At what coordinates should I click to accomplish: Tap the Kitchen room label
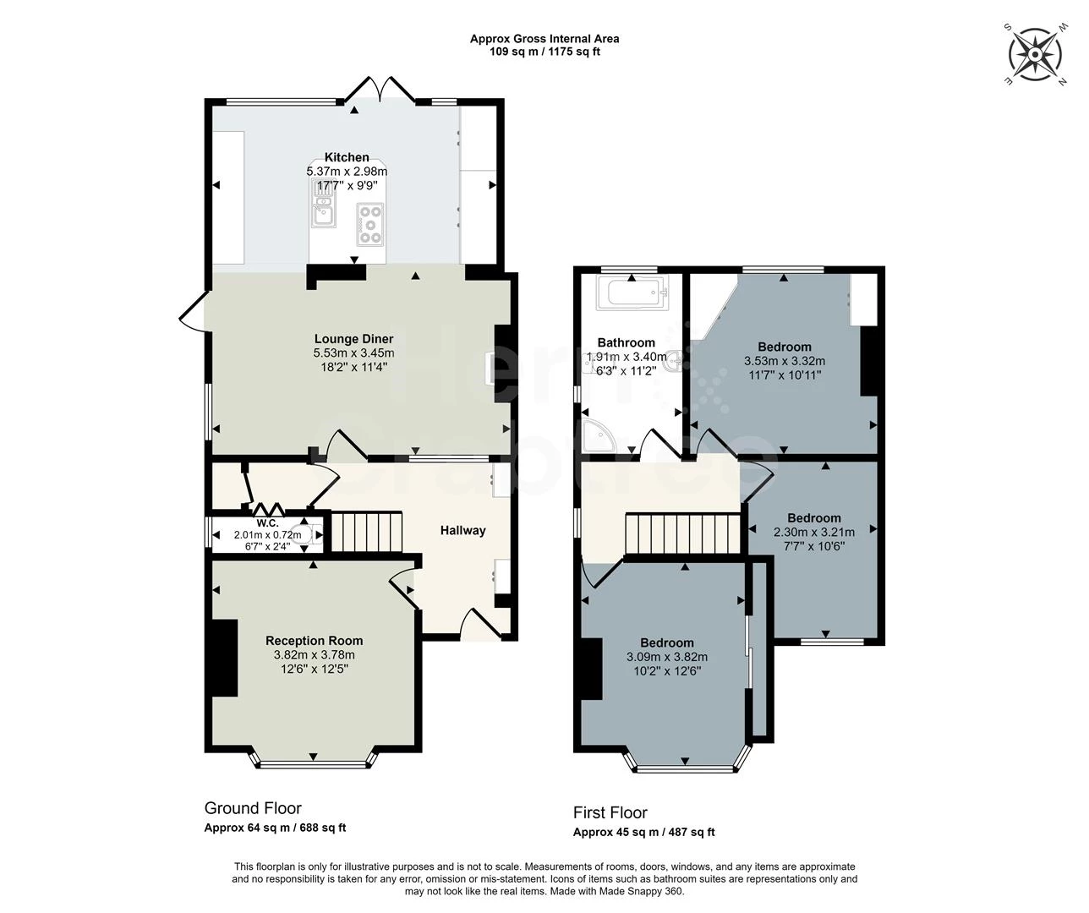347,157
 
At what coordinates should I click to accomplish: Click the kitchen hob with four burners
369,223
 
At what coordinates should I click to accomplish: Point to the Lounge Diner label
353,339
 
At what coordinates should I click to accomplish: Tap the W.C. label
268,522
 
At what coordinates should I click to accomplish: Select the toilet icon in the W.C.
311,533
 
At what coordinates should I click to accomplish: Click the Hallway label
462,530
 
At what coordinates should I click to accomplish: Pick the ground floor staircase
365,532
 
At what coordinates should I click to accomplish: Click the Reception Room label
314,641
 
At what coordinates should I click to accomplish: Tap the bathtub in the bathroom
633,295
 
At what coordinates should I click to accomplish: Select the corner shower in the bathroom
599,438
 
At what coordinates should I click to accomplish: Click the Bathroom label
626,342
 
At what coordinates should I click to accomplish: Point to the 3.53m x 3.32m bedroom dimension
784,361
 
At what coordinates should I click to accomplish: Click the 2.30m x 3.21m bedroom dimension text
813,532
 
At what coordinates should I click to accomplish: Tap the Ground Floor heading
253,808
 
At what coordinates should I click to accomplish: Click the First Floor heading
610,812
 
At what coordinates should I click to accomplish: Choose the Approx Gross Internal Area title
544,39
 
